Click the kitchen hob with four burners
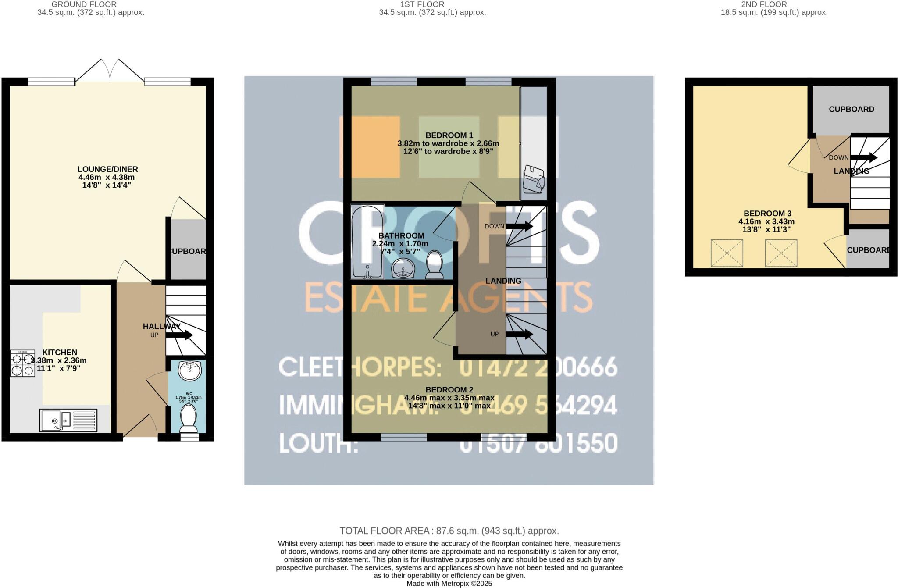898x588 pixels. click(22, 364)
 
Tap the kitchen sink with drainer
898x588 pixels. click(68, 420)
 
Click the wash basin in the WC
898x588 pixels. click(190, 371)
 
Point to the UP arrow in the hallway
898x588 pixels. click(179, 335)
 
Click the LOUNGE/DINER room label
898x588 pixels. click(107, 169)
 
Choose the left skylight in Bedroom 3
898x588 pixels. click(727, 253)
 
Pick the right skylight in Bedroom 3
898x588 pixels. click(781, 253)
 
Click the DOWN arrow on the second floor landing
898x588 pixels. click(864, 157)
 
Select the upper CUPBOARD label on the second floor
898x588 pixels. click(851, 109)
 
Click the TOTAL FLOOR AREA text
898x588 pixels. click(449, 531)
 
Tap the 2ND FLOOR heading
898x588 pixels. click(773, 4)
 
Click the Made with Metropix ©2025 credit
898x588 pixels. click(449, 584)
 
